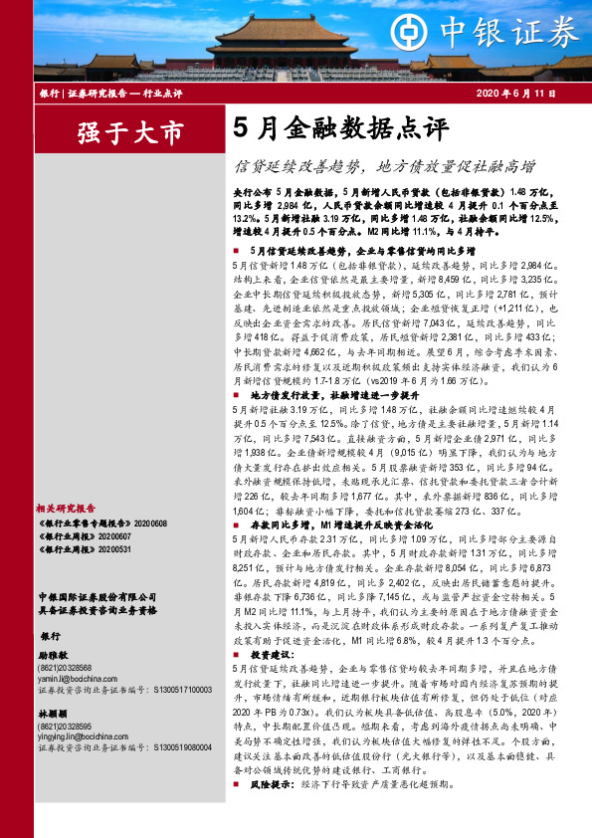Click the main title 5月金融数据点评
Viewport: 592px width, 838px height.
click(x=327, y=128)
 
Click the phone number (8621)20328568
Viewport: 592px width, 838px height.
click(x=64, y=668)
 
